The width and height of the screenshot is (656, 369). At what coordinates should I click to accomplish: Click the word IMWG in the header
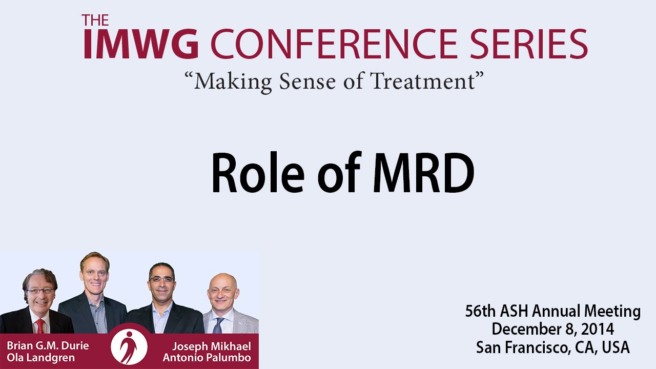pyautogui.click(x=141, y=44)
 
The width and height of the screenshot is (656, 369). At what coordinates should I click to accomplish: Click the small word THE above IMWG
pyautogui.click(x=95, y=20)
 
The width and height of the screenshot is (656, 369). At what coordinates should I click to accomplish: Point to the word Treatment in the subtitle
pyautogui.click(x=423, y=81)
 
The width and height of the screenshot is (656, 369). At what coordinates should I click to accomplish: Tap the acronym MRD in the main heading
pyautogui.click(x=423, y=173)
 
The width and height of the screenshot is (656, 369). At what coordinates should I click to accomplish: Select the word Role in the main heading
pyautogui.click(x=258, y=173)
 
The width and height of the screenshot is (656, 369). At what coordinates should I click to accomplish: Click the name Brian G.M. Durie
pyautogui.click(x=48, y=346)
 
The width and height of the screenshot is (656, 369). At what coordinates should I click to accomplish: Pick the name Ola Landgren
pyautogui.click(x=40, y=358)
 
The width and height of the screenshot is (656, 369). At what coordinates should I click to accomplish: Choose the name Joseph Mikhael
pyautogui.click(x=212, y=346)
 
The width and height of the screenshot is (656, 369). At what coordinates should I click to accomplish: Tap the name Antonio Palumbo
pyautogui.click(x=207, y=358)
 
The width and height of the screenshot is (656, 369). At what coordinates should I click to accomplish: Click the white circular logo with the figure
pyautogui.click(x=129, y=347)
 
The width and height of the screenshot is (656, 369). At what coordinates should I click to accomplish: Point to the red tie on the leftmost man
pyautogui.click(x=40, y=325)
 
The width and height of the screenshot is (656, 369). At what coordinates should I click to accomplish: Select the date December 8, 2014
pyautogui.click(x=552, y=330)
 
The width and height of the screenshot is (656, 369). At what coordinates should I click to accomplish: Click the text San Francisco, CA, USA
pyautogui.click(x=552, y=347)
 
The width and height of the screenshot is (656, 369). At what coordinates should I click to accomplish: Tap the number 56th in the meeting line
pyautogui.click(x=481, y=311)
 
